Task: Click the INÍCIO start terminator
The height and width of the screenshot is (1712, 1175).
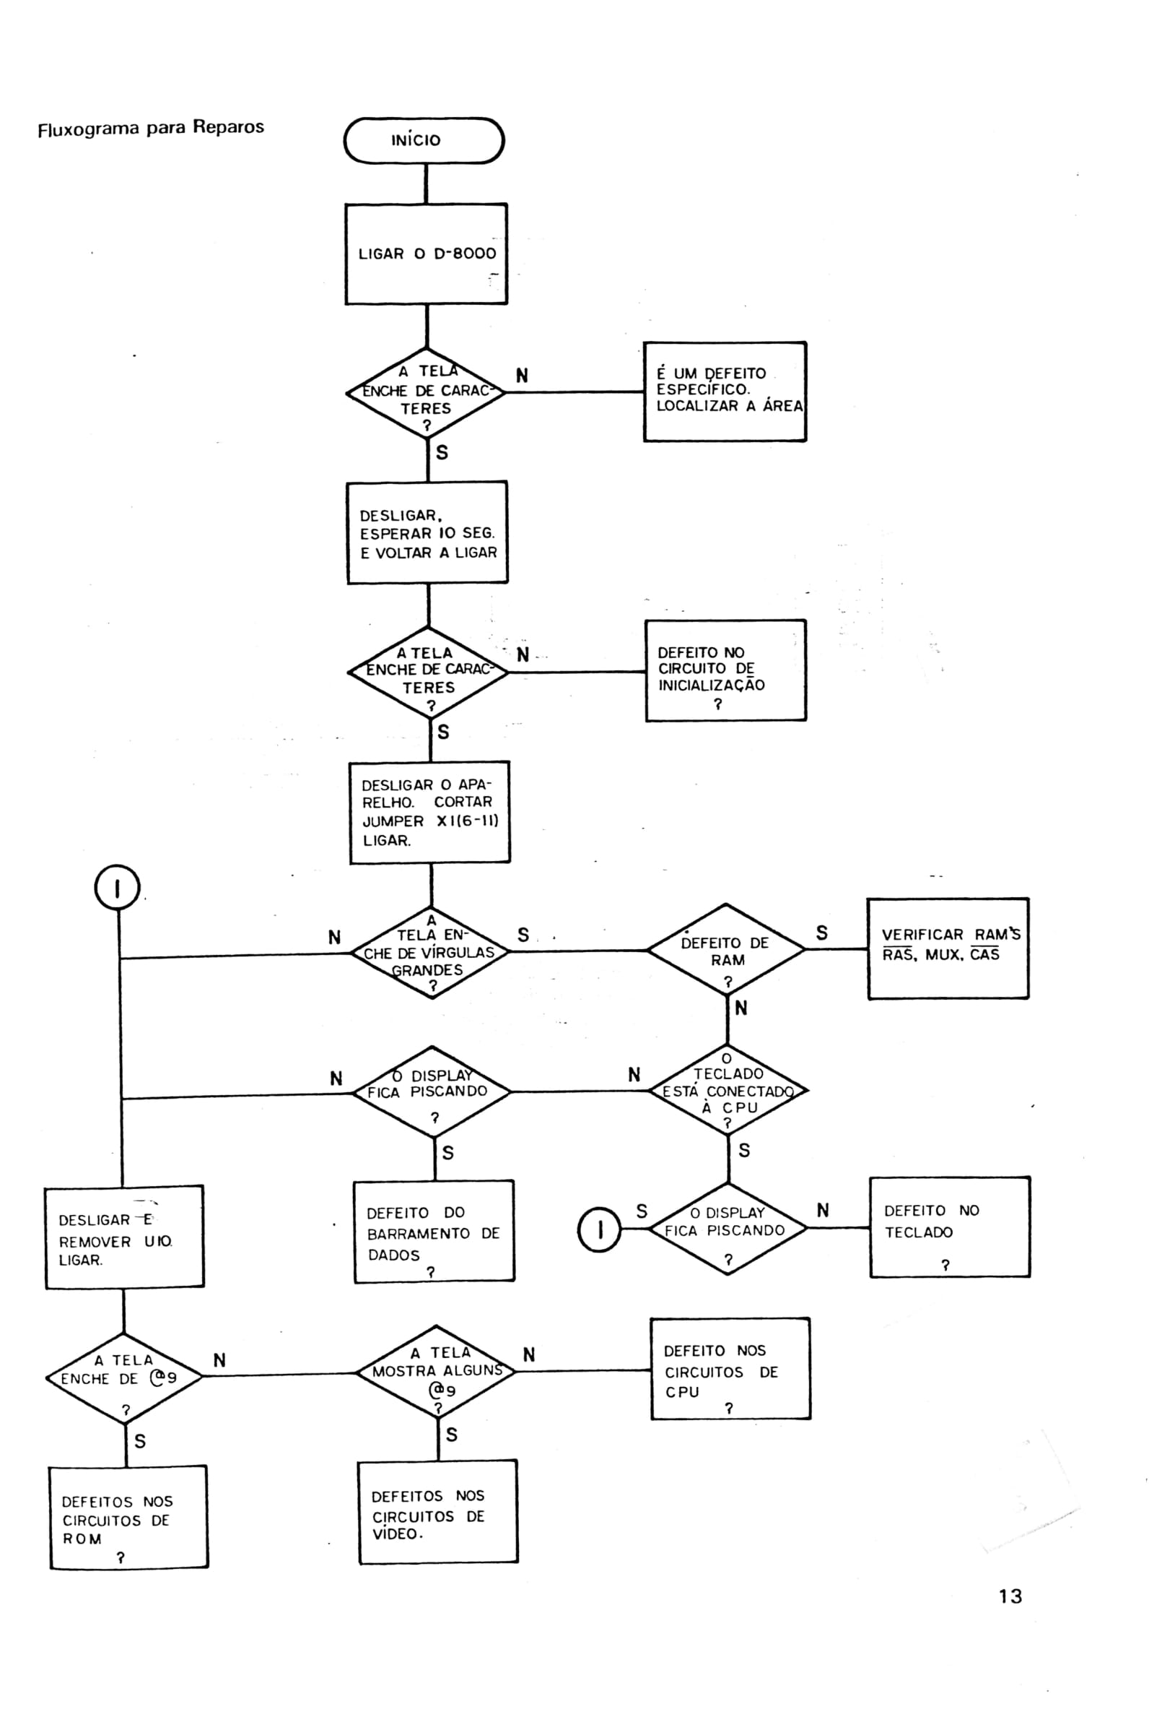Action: pos(424,140)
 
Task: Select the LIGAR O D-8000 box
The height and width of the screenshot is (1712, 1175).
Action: pos(427,254)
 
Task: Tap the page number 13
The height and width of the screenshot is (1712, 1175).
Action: pos(1010,1596)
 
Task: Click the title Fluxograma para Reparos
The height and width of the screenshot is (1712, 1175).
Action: pos(151,128)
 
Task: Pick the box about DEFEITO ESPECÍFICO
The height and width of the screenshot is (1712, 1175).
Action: pos(725,392)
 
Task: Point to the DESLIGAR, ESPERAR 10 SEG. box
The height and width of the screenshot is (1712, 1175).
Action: pos(428,532)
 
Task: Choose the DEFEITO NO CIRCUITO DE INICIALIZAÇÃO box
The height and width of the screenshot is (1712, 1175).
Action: pos(726,670)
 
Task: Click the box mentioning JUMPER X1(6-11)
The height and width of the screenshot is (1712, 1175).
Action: pos(430,812)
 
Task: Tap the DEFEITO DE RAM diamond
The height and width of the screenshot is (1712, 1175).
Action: pos(726,950)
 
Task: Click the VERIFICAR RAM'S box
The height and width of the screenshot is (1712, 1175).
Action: pos(948,948)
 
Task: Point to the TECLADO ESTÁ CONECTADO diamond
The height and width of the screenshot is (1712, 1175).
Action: pos(728,1090)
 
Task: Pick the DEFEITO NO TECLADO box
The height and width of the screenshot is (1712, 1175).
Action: pos(950,1227)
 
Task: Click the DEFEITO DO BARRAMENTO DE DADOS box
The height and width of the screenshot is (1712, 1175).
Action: pos(434,1232)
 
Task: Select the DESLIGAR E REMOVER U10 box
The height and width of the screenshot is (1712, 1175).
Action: pos(124,1237)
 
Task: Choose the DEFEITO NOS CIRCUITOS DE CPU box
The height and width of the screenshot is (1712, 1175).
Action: pos(730,1369)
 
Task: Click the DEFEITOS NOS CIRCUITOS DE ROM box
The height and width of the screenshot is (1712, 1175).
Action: pos(129,1518)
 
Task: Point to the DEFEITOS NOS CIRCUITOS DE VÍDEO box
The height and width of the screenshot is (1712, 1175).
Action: pos(438,1512)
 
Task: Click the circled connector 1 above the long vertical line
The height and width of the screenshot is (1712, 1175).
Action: pos(118,888)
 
